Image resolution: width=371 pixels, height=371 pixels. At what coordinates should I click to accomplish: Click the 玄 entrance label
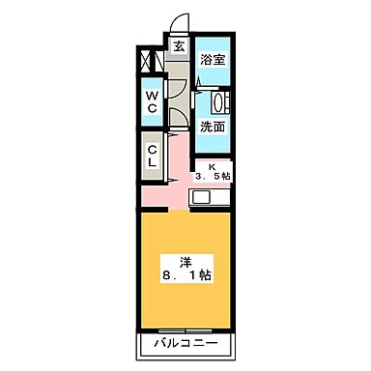(179, 45)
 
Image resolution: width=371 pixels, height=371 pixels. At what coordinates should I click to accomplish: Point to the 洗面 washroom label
(212, 126)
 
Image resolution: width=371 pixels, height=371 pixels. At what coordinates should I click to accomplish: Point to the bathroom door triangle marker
(200, 85)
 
